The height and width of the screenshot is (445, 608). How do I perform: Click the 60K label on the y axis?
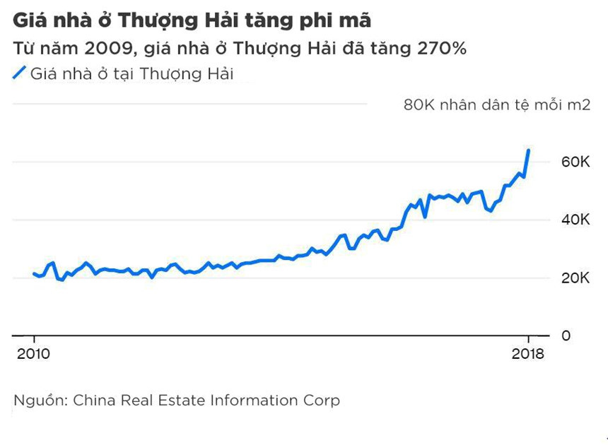575,162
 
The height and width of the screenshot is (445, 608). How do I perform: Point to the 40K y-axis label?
575,220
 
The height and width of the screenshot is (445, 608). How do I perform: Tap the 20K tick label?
575,278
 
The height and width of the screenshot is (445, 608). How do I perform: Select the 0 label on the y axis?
565,336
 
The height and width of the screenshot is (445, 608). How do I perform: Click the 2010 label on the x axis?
33,355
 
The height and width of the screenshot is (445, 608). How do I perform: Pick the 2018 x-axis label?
527,355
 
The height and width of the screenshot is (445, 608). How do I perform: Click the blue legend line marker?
19,73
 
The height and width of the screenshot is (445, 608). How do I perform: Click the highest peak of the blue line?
529,150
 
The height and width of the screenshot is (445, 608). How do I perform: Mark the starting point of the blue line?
33,273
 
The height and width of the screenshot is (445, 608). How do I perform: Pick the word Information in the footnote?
259,400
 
